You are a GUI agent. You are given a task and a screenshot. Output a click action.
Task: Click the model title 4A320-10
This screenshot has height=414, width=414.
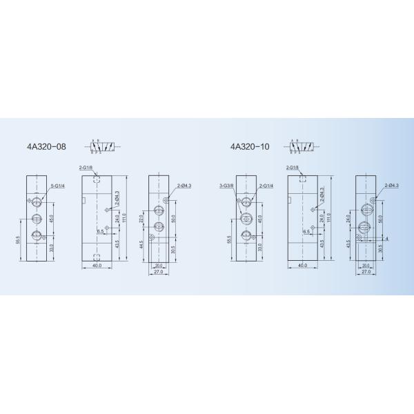click(251, 147)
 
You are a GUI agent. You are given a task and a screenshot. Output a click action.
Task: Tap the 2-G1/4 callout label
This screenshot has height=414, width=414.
click(266, 186)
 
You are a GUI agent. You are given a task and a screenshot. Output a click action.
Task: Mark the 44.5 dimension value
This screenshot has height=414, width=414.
click(141, 244)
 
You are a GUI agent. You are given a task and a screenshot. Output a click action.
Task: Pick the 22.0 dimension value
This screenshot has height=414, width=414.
click(141, 218)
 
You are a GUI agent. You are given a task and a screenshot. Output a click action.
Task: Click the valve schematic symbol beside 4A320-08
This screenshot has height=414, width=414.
click(101, 147)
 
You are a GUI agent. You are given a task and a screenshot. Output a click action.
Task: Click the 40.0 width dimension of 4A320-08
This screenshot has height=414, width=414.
click(97, 264)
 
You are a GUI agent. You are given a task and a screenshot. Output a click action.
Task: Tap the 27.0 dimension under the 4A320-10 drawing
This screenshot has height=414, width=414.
click(366, 271)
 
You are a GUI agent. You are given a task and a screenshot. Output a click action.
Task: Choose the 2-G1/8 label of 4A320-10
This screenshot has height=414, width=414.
click(292, 168)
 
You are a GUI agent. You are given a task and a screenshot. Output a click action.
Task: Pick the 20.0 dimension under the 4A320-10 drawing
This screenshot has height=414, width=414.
click(365, 265)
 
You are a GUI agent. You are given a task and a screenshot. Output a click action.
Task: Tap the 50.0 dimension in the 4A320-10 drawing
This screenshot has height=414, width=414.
click(380, 219)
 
